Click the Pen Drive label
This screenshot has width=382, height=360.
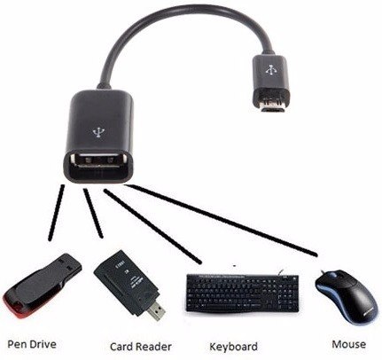(x=32, y=344)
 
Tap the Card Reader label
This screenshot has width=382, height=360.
(x=141, y=347)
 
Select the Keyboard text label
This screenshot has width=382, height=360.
(x=233, y=347)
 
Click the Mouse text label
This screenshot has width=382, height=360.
(x=348, y=344)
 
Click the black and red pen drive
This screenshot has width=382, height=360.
(x=42, y=286)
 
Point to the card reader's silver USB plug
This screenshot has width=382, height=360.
(x=156, y=311)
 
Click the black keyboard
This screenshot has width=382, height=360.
(x=242, y=293)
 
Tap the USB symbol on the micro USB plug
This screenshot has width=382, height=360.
(x=270, y=70)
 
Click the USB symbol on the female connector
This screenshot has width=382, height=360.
(x=97, y=133)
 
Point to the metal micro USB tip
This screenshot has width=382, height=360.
(x=271, y=105)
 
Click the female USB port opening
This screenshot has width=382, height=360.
(x=98, y=163)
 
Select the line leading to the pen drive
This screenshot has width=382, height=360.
(x=56, y=212)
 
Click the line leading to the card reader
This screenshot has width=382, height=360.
(x=93, y=213)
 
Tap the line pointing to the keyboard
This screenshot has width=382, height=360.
(x=152, y=226)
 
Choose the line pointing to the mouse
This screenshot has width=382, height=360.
(x=220, y=220)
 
